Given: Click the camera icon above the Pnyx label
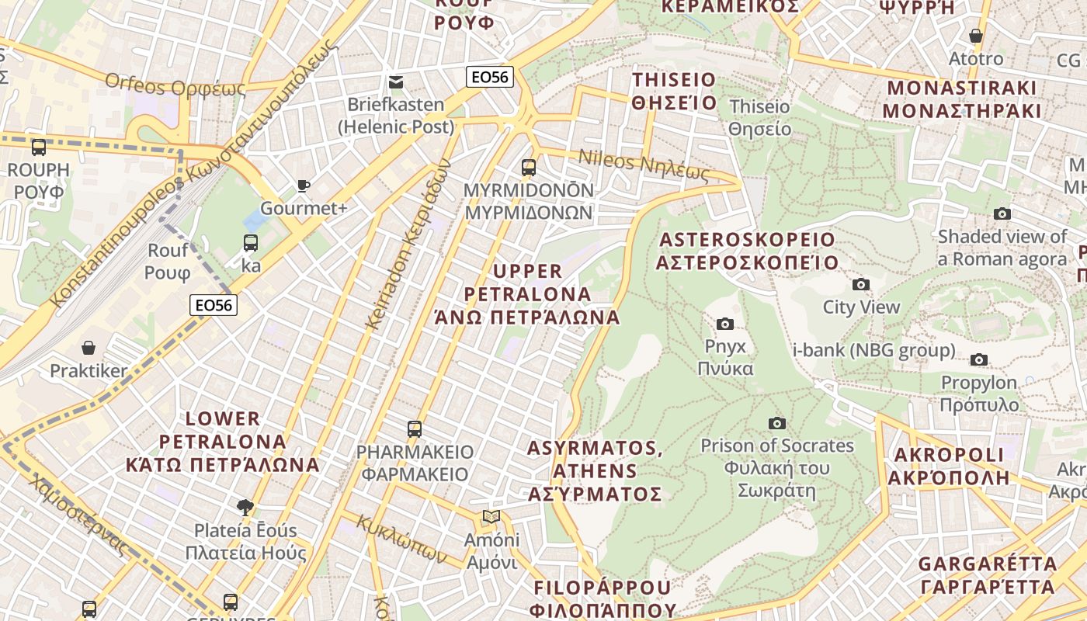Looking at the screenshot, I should tap(725, 324).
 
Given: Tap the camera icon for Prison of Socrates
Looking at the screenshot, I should tap(776, 423).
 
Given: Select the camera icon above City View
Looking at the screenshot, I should tap(860, 284).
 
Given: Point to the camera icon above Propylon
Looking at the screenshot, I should tap(979, 359).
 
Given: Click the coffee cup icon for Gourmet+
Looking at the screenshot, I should tap(303, 186).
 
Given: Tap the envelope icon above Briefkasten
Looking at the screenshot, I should tap(396, 82).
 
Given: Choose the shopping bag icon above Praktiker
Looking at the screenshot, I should tap(89, 348).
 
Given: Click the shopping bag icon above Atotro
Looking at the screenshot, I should tap(976, 36).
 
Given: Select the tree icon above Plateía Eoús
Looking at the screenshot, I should tap(245, 508).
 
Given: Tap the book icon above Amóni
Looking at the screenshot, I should tap(491, 516).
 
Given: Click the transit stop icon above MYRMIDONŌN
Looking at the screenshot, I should tap(528, 167).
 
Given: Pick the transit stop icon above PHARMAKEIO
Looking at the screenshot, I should tap(415, 428).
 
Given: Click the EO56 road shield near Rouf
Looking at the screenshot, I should tap(214, 305).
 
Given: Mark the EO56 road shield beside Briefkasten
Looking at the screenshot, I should tap(490, 77).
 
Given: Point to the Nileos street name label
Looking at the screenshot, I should tap(644, 165).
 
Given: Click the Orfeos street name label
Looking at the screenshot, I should tap(175, 85).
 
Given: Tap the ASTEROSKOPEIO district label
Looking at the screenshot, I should tap(746, 251).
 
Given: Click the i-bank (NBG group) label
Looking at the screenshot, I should tap(873, 350).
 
